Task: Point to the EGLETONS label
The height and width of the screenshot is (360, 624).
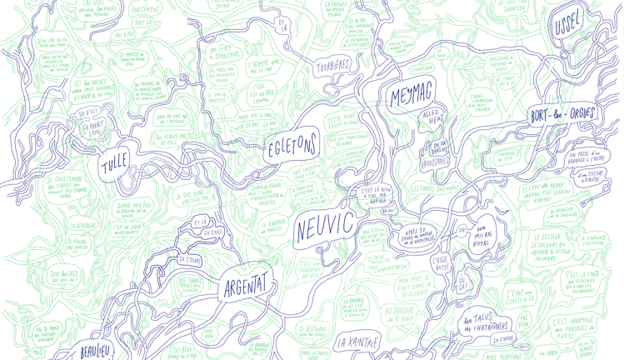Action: point(291,148)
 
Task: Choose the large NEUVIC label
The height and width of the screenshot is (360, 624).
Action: point(324,226)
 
